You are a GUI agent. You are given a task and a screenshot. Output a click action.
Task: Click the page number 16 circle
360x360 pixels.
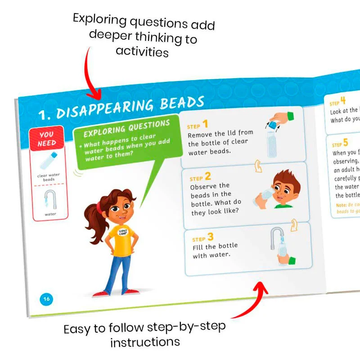[x=46, y=298]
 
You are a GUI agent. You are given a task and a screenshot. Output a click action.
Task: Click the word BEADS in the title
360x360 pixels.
[x=182, y=103]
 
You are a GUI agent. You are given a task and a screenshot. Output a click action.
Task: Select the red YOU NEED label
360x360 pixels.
[x=47, y=139]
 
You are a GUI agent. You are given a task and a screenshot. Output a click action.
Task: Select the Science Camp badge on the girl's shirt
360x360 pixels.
[x=123, y=233]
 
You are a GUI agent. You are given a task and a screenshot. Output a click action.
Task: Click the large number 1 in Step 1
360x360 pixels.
[x=205, y=124]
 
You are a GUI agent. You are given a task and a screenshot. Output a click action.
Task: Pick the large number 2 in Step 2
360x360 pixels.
[x=207, y=176]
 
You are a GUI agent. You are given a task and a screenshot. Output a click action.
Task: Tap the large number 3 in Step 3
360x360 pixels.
[x=210, y=237]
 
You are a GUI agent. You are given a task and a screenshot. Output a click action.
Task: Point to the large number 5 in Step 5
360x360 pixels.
[x=346, y=143]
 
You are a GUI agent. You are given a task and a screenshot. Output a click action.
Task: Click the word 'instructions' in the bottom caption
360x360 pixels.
[x=145, y=342]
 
